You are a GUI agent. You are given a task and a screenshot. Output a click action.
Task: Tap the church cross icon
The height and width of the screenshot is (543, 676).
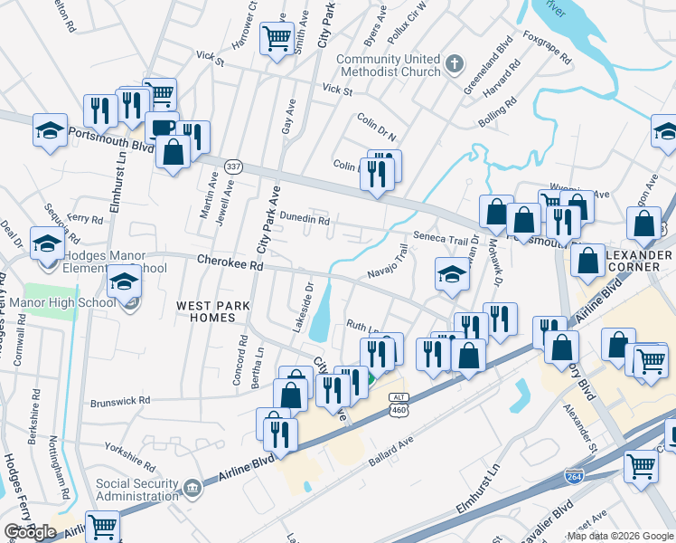(x=455, y=64)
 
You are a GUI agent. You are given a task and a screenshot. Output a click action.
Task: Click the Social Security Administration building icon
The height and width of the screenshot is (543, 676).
(x=192, y=490)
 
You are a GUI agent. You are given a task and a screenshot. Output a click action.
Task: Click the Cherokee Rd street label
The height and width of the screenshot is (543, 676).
(x=229, y=265)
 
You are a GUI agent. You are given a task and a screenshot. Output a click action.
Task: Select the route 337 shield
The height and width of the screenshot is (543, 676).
(x=234, y=167)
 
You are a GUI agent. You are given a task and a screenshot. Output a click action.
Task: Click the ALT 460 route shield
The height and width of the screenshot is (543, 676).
(x=398, y=405)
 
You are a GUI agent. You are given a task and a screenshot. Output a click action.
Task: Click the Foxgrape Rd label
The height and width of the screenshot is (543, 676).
(x=548, y=49)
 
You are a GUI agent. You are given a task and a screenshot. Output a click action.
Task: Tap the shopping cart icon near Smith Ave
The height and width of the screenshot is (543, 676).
(x=276, y=37)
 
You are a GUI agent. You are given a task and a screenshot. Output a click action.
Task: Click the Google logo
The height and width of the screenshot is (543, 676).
(x=30, y=532)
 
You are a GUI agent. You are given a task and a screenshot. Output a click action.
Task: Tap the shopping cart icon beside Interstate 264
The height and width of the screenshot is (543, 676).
(x=641, y=467)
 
